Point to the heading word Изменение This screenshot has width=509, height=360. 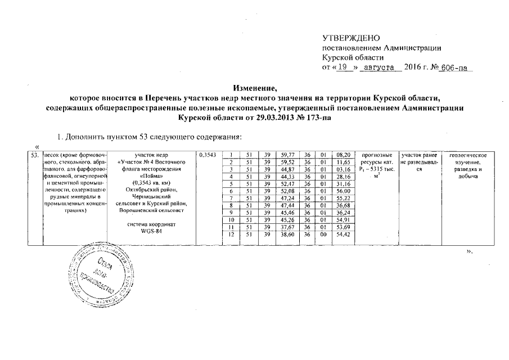pyautogui.click(x=254, y=88)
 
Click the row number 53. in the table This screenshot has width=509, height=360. pyautogui.click(x=35, y=155)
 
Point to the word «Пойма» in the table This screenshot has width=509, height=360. pyautogui.click(x=147, y=176)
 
